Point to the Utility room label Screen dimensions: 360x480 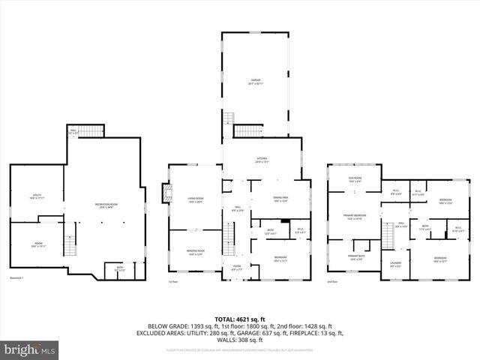36,196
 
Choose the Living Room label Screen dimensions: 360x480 196,199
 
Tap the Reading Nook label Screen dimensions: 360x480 196,252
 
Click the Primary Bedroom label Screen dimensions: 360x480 353,217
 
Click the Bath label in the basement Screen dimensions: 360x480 119,268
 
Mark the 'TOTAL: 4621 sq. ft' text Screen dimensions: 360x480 240,320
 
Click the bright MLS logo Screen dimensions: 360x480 30,349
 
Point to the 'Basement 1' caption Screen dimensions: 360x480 16,278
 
